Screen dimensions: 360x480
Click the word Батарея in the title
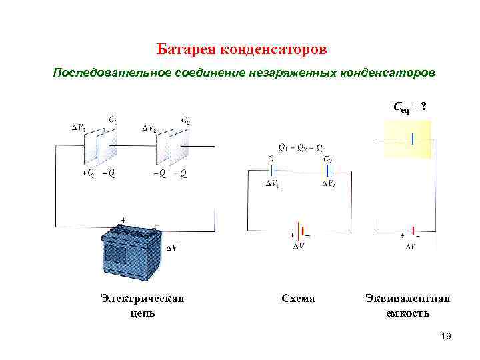coord(180,50)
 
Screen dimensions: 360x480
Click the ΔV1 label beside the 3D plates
coord(79,127)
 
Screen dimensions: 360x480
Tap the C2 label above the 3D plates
coord(186,121)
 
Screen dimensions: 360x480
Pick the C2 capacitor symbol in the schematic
coord(328,171)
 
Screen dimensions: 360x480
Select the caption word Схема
coord(298,299)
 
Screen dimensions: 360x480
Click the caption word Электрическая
coord(142,299)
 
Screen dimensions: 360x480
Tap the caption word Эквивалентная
coord(407,299)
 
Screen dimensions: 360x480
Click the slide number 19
coord(446,337)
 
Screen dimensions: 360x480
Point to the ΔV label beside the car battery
coord(171,248)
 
